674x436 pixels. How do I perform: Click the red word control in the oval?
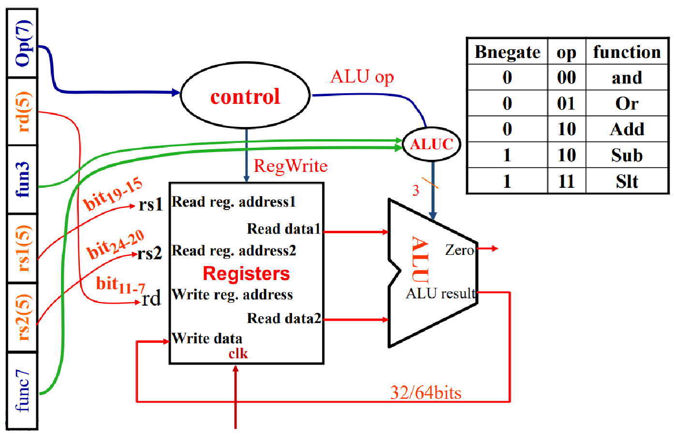point(245,97)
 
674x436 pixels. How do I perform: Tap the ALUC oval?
point(431,144)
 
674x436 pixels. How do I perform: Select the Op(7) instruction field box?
point(23,43)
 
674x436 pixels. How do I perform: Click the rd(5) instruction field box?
point(23,112)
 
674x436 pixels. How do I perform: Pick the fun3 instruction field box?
point(23,179)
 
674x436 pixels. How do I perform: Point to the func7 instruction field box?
point(23,391)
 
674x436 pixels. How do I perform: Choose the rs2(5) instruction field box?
point(23,317)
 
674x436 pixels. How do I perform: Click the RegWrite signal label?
point(291,166)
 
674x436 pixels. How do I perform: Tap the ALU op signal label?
point(362,77)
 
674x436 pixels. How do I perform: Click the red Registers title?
point(246,274)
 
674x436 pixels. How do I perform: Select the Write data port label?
point(207,338)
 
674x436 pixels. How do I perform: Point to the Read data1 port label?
point(284,228)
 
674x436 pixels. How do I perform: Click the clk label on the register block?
point(238,354)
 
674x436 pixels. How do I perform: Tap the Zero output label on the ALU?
point(459,250)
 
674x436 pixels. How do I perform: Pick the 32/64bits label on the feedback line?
point(425,393)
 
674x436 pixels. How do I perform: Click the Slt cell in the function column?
point(627,182)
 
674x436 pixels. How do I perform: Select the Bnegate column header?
point(507,52)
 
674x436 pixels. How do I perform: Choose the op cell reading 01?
point(566,103)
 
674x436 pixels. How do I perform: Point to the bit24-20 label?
point(116,245)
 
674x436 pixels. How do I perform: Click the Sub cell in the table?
point(627,155)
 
